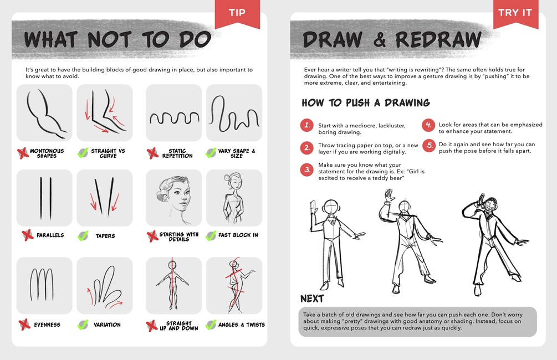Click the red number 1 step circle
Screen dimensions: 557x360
click(x=307, y=125)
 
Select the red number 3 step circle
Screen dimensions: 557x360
click(x=307, y=169)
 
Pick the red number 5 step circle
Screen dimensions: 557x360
click(x=429, y=146)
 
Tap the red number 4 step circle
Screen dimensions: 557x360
click(x=429, y=125)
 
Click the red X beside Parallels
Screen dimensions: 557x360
click(x=27, y=235)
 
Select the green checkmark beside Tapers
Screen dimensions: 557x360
click(x=83, y=236)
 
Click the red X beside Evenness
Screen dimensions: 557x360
click(x=24, y=325)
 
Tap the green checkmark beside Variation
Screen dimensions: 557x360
click(x=83, y=325)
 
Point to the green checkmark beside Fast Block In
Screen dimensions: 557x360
click(x=211, y=235)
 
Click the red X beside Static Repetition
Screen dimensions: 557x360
click(x=152, y=153)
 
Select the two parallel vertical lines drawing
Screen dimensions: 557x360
click(x=45, y=198)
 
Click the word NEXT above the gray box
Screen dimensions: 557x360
click(x=312, y=299)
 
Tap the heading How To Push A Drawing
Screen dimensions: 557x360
click(x=366, y=103)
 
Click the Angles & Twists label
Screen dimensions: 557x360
click(x=242, y=325)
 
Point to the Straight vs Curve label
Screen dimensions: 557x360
click(x=108, y=153)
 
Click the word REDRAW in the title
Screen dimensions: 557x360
click(x=439, y=39)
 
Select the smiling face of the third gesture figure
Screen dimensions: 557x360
click(x=490, y=205)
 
